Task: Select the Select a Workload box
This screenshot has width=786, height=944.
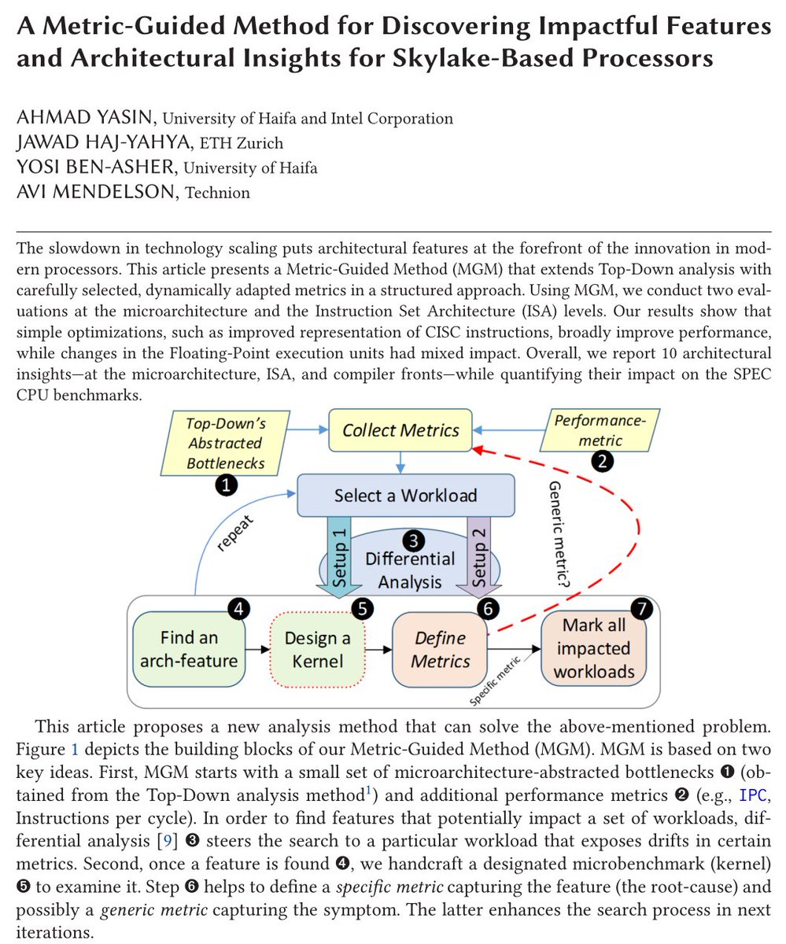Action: pyautogui.click(x=405, y=496)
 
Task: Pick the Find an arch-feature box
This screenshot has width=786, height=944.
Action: pyautogui.click(x=189, y=648)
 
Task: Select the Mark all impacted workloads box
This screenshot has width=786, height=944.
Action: pyautogui.click(x=592, y=648)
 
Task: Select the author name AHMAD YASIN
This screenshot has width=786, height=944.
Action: pyautogui.click(x=86, y=119)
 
